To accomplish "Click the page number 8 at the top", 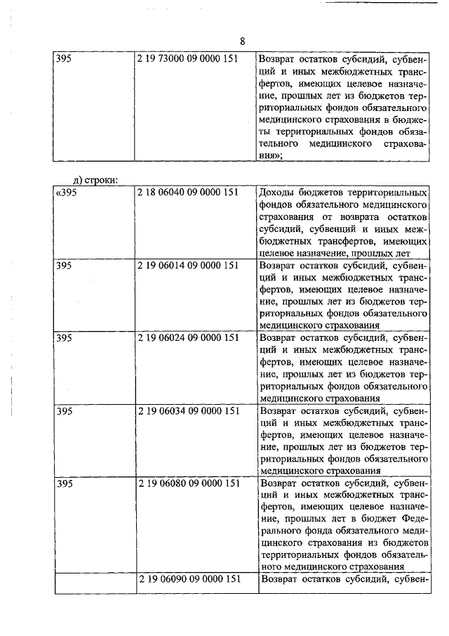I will [x=242, y=40].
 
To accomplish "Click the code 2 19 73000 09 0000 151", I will [x=189, y=60].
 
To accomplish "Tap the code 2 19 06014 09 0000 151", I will [x=189, y=266].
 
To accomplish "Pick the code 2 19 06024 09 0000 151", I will [x=189, y=338].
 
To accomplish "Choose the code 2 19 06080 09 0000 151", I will [x=189, y=484].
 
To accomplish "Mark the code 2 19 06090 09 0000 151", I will [x=189, y=580].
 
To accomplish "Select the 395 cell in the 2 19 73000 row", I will [x=64, y=60].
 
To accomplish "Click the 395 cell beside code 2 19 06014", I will [x=64, y=266].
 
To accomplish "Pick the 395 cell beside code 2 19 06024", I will [x=64, y=338].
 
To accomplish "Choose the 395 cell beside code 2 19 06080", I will [x=64, y=484].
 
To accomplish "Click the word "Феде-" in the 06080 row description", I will [x=413, y=519].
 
